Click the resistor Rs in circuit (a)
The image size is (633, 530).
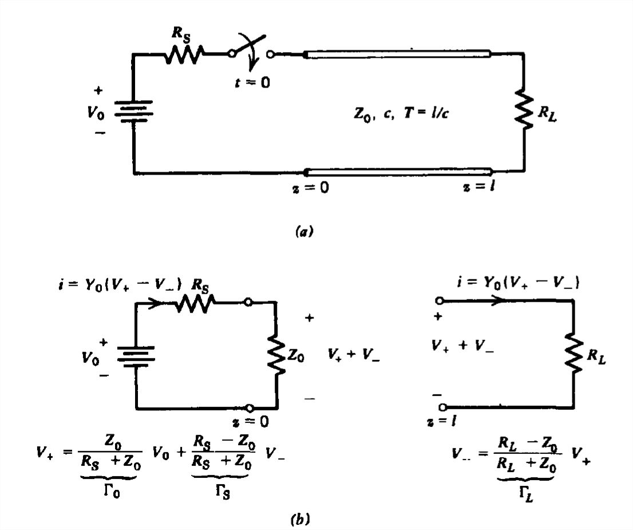point(184,55)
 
